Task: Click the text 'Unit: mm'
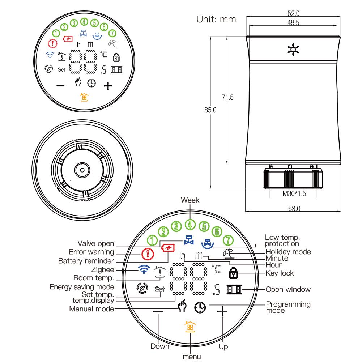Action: pyautogui.click(x=216, y=20)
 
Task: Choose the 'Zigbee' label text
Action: pyautogui.click(x=104, y=269)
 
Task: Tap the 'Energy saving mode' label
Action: pyautogui.click(x=82, y=287)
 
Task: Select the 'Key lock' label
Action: pyautogui.click(x=280, y=273)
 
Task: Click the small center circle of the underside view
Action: pyautogui.click(x=82, y=170)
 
